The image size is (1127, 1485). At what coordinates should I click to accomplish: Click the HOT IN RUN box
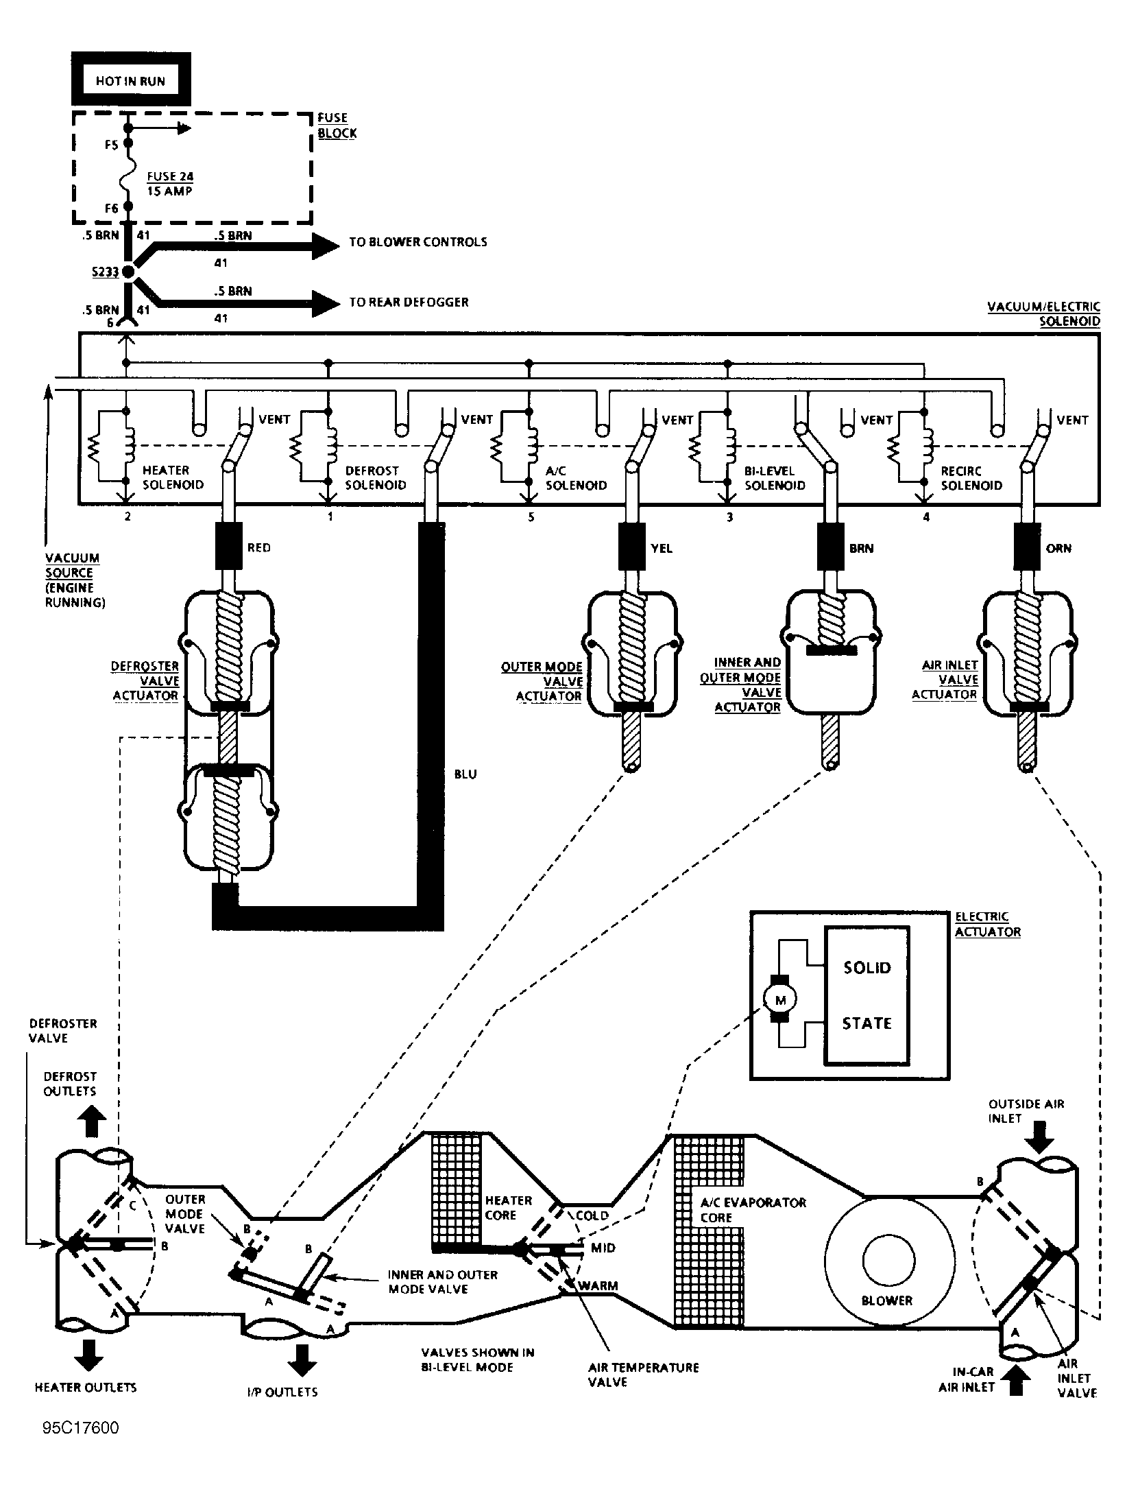(130, 80)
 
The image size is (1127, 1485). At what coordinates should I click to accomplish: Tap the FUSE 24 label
(170, 177)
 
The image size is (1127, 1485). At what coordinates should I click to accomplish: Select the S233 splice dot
(128, 273)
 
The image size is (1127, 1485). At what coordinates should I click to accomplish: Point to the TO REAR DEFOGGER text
(409, 302)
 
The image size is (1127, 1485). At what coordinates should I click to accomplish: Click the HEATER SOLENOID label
(173, 477)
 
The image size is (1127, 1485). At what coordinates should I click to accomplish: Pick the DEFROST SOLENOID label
(375, 478)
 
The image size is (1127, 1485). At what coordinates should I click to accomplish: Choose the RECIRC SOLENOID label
(971, 479)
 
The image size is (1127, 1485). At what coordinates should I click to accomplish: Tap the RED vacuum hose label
(258, 548)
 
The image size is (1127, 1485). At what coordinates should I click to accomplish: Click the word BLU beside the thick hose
(465, 774)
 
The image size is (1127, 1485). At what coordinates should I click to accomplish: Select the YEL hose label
(662, 549)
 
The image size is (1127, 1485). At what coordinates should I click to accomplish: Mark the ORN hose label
(1059, 549)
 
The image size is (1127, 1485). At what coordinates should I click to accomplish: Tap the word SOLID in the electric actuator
(867, 968)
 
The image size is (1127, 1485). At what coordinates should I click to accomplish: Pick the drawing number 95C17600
(80, 1428)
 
